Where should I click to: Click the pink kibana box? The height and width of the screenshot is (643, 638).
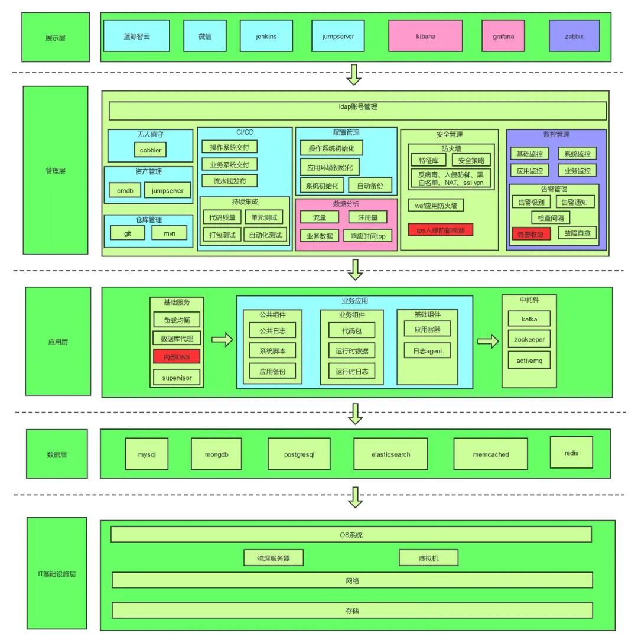(425, 36)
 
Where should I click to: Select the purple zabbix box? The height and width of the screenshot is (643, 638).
(574, 36)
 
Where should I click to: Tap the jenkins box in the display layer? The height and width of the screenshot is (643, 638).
(266, 36)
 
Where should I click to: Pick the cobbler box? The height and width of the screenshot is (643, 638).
(150, 150)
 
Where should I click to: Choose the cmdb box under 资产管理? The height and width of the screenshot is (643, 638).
(125, 190)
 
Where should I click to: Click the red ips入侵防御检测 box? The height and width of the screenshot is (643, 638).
(441, 230)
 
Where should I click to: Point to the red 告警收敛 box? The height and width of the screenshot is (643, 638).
(532, 233)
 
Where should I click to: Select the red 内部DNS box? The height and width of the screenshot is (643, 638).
(177, 357)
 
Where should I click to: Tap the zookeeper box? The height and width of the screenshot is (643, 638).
(529, 339)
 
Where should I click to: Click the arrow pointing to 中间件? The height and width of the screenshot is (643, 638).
(488, 340)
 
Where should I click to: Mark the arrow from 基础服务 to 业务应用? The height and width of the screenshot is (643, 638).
(222, 339)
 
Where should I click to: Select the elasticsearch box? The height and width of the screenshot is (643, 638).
(390, 454)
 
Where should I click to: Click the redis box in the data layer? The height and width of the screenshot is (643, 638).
(571, 453)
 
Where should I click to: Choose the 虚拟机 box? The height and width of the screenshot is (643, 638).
(428, 558)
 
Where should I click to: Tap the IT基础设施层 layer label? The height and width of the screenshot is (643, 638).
(57, 574)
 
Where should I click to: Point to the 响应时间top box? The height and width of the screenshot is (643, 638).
(367, 236)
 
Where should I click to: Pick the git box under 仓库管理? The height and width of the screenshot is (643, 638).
(127, 233)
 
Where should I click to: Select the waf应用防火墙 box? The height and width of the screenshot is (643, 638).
(435, 206)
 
